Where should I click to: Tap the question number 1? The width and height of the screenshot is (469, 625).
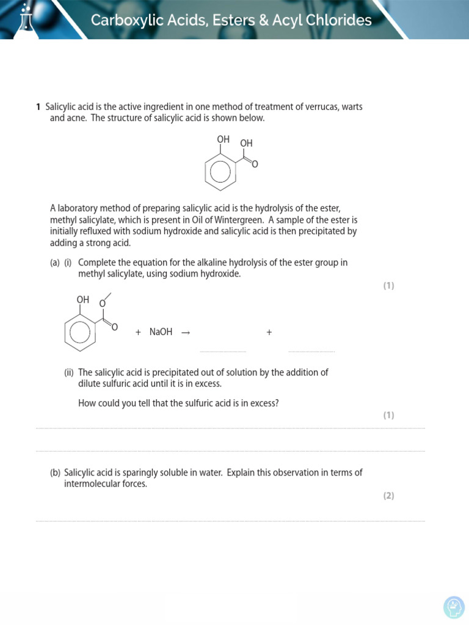click(x=38, y=107)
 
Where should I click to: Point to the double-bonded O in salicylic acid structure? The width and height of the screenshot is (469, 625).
click(x=255, y=165)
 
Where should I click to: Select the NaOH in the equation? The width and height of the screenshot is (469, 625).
click(x=161, y=332)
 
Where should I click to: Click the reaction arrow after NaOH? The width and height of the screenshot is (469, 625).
click(x=186, y=333)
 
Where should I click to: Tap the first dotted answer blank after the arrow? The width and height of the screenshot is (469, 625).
click(x=223, y=351)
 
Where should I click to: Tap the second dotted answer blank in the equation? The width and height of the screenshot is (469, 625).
click(x=311, y=351)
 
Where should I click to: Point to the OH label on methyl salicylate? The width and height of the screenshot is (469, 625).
click(x=83, y=300)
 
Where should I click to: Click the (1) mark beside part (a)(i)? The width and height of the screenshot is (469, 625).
click(x=388, y=286)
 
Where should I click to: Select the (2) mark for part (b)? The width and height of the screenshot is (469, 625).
click(x=388, y=496)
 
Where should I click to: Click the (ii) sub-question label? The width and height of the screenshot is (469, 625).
click(x=69, y=372)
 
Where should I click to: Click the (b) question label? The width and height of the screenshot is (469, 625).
click(x=55, y=472)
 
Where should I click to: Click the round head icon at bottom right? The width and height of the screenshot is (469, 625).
click(x=454, y=607)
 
